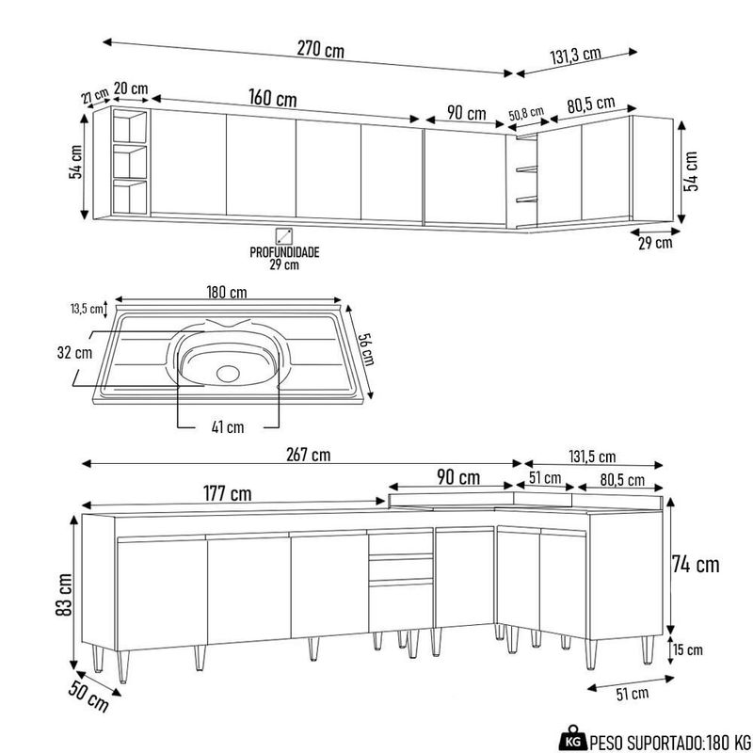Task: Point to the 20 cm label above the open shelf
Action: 131,88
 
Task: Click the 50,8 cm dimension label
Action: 526,114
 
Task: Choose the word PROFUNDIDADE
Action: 285,252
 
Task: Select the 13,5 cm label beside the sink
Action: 85,308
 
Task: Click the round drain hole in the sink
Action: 229,372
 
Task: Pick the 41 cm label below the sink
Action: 227,426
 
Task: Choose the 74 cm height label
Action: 696,565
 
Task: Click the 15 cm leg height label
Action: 688,650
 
